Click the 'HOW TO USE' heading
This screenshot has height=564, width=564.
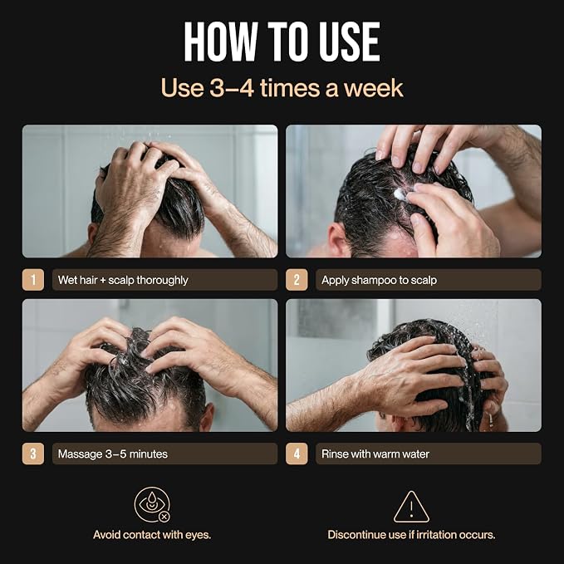pos(282,42)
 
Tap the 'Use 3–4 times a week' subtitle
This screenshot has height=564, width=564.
pos(282,88)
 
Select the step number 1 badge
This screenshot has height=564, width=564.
pos(33,279)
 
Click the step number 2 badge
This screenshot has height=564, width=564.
pos(297,279)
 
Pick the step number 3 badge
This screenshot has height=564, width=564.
pos(33,454)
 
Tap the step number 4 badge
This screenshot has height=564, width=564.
pos(297,454)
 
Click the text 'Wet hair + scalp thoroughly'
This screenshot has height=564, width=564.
pos(123,280)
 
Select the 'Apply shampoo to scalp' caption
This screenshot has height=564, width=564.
pos(379,280)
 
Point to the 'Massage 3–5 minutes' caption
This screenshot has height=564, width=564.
pos(113,454)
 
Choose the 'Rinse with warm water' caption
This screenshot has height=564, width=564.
pos(375,454)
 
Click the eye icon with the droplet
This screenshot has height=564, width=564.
pos(152,505)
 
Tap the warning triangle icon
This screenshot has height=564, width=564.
pos(411,507)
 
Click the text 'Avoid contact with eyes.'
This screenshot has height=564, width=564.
pos(152,535)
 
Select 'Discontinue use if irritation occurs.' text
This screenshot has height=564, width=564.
pos(411,535)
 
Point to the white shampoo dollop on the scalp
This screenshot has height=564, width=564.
pos(400,194)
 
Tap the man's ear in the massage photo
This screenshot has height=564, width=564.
pos(207,417)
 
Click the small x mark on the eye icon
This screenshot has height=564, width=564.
pos(164,517)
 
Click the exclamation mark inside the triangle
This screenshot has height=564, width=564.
pos(411,509)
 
